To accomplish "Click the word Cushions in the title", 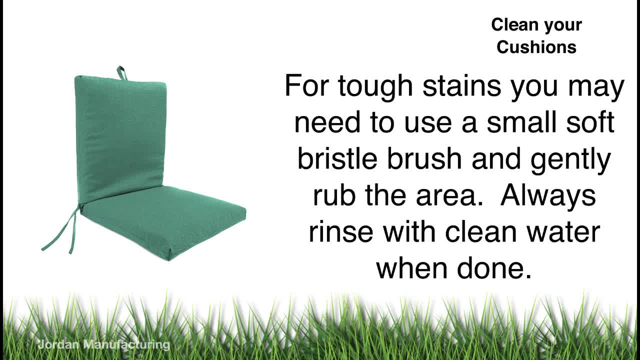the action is coord(536,47).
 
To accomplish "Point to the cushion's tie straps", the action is coord(60,231).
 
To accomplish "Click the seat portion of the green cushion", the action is coord(163,220).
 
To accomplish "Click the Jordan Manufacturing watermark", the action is coord(103,344).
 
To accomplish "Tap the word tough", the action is coord(375,87).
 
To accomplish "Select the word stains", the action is coord(461,85).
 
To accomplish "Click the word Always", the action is coord(548,196).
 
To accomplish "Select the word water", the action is coord(563,232).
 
